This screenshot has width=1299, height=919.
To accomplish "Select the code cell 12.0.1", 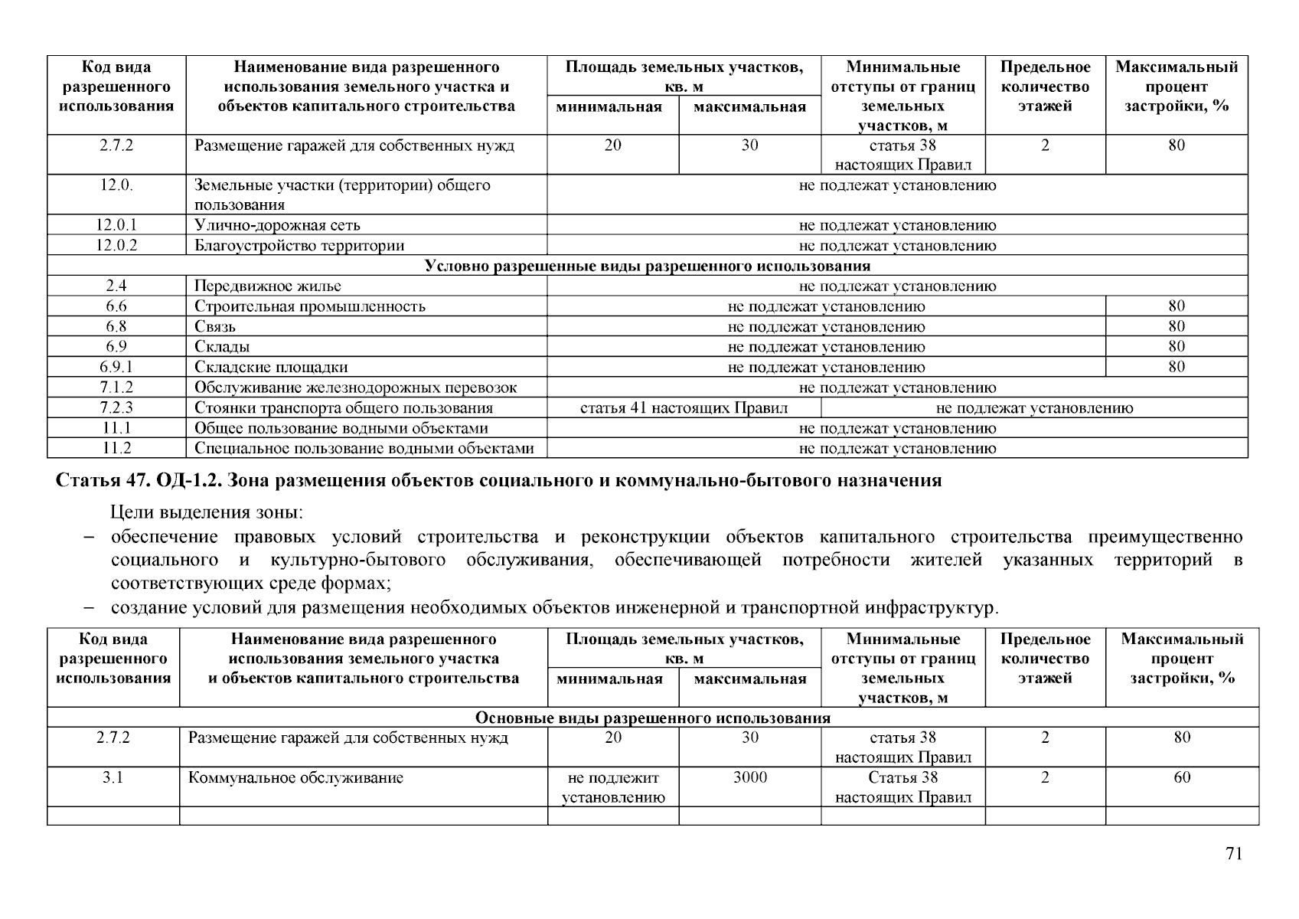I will click(x=116, y=225).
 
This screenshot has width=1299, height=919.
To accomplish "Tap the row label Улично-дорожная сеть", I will click(x=277, y=225).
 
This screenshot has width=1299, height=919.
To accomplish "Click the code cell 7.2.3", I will click(x=116, y=408).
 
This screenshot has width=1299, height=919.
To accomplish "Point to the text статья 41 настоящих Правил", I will click(x=684, y=408).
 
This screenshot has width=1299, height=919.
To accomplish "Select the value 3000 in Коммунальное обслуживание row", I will click(x=749, y=778).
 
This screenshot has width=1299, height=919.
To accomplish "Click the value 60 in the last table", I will click(x=1182, y=778).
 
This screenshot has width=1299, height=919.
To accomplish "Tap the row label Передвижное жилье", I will click(x=267, y=286).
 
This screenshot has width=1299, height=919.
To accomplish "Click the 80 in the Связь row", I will click(x=1177, y=327).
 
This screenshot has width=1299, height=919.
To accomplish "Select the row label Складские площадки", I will click(x=271, y=368).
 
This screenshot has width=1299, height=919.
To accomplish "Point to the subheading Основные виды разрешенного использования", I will click(x=652, y=718).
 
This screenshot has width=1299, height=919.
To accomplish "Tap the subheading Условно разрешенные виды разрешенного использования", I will click(x=647, y=267).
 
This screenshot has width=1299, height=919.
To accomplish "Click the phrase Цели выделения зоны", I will click(x=207, y=512).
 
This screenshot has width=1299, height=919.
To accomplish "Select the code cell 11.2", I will click(x=116, y=449).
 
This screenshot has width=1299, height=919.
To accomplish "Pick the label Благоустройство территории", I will click(x=299, y=246).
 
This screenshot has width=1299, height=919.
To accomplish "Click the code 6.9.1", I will click(x=116, y=368).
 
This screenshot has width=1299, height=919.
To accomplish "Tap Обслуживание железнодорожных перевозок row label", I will click(x=355, y=388).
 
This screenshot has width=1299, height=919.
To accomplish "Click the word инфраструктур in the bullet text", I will click(x=931, y=609).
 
